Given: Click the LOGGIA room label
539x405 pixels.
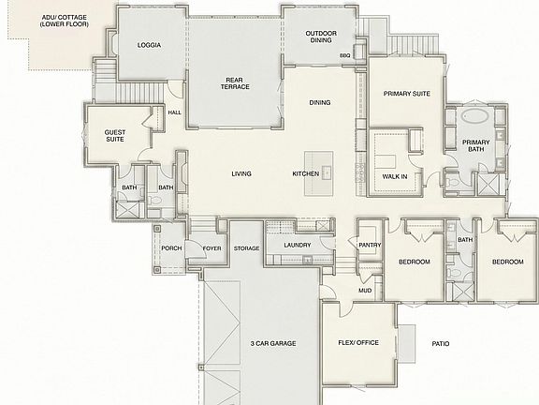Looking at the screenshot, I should click(x=150, y=45).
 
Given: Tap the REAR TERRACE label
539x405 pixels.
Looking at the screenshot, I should click(x=233, y=83).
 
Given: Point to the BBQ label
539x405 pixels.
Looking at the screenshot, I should click(x=344, y=55).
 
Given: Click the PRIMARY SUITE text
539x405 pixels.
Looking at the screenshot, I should click(x=406, y=94).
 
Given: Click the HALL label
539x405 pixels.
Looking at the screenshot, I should click(x=174, y=113).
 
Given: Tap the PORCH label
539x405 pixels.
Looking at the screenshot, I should click(x=171, y=248).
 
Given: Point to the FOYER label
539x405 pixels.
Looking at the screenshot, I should click(x=211, y=248).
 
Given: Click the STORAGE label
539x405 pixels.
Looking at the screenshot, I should click(x=246, y=248).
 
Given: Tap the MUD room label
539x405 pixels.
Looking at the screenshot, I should click(x=364, y=292).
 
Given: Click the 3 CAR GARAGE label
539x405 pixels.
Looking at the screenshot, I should click(x=273, y=344).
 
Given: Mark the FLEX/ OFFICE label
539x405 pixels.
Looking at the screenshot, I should click(x=357, y=343).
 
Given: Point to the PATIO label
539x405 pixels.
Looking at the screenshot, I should click(x=441, y=343).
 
